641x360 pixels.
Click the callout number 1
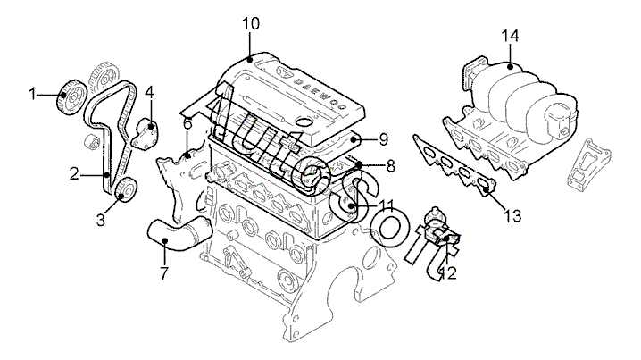coord(32,94)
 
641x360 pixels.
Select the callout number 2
coord(74,174)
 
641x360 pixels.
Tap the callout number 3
coord(101,220)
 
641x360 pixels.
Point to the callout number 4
coord(150,92)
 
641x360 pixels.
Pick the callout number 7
coord(164,272)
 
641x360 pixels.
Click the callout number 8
coord(390,166)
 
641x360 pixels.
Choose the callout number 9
coord(383,139)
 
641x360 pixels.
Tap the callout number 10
coord(251,24)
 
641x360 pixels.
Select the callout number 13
coord(512,215)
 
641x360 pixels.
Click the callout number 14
coord(510,36)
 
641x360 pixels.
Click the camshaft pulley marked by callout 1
coord(71,97)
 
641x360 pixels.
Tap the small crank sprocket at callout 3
coord(126,189)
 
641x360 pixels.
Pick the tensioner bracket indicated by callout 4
coord(145,134)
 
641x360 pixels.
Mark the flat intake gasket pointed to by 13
coord(454,165)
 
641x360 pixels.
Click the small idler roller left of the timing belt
coord(92,141)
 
